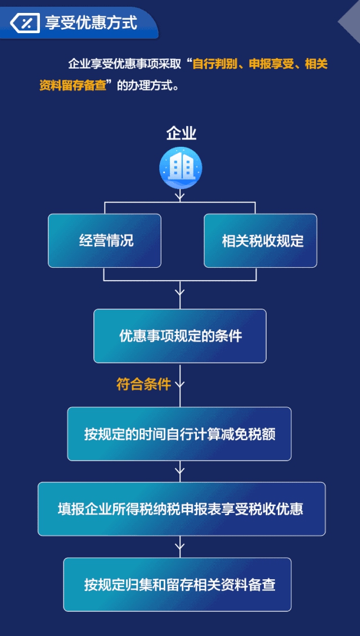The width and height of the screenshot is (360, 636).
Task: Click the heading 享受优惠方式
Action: pos(91,23)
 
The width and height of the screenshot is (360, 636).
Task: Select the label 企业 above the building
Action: pos(181,134)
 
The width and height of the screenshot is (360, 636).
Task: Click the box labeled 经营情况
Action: pos(105,241)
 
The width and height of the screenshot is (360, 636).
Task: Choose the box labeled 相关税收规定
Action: pos(260,241)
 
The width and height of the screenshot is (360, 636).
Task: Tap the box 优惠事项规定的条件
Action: pos(180,336)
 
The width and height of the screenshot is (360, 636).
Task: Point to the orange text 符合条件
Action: pos(143,385)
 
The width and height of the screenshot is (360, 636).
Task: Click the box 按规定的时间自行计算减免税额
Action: pos(179,434)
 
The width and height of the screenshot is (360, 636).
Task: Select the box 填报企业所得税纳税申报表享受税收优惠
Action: pos(181,508)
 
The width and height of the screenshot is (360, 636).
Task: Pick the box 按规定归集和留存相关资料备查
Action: pos(177,584)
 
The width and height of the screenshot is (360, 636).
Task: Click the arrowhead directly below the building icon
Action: pos(180,196)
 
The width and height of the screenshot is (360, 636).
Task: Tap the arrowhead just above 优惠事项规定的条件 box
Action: pos(180,292)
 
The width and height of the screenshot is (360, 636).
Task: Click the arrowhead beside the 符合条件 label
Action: pos(180,385)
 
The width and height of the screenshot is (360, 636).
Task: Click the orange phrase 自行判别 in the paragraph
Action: pos(214,64)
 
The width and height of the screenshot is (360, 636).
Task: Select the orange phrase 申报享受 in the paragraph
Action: pos(269,64)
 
